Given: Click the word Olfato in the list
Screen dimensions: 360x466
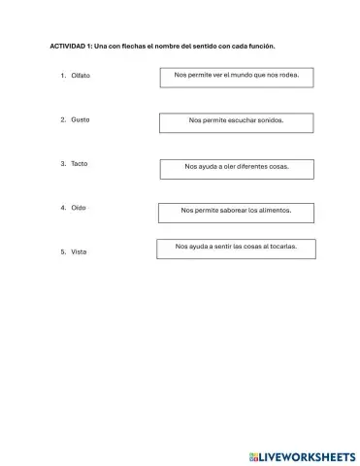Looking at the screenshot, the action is (x=81, y=75).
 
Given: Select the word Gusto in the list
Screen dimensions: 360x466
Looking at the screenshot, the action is (x=81, y=119).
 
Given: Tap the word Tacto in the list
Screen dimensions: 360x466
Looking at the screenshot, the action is (x=80, y=163).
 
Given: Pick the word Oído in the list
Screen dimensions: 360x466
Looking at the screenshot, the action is (x=79, y=207).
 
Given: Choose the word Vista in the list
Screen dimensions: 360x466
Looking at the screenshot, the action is (x=80, y=251).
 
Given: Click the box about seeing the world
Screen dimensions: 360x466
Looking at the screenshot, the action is (x=237, y=76).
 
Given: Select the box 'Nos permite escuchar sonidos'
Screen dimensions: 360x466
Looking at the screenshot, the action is (x=237, y=122).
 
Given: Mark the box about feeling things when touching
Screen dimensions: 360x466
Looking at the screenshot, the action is (x=236, y=249).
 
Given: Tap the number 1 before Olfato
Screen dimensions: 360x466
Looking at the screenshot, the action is (x=61, y=75).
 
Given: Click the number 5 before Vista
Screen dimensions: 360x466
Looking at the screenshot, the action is (x=61, y=251).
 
